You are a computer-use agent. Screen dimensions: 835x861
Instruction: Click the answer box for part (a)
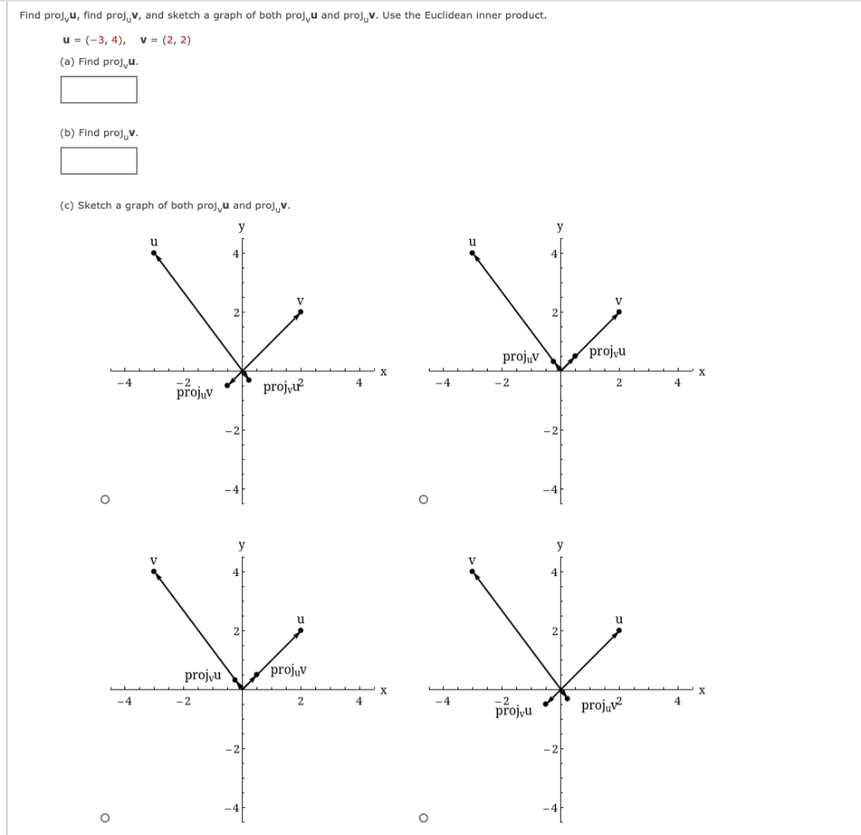click(98, 89)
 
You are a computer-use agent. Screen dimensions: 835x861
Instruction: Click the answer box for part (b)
click(98, 161)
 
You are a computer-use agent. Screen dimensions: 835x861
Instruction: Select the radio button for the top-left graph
click(104, 499)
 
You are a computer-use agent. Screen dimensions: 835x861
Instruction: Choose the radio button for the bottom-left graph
click(104, 817)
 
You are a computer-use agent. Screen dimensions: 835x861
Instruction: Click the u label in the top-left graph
click(153, 240)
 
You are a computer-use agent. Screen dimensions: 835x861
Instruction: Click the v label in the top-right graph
click(619, 299)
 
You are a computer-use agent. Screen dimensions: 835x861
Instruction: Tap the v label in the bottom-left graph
click(153, 559)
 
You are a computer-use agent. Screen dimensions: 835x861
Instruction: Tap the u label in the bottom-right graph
click(619, 619)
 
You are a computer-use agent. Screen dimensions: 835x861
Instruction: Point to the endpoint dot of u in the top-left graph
click(154, 251)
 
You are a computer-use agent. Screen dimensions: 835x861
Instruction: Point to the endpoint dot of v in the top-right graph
click(620, 311)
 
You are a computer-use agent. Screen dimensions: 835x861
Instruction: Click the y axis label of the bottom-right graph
click(560, 545)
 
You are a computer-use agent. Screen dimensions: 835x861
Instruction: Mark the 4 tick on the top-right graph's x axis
click(678, 383)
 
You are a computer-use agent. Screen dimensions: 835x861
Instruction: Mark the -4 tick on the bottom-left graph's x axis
click(124, 702)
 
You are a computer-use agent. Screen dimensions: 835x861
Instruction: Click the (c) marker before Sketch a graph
click(66, 205)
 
